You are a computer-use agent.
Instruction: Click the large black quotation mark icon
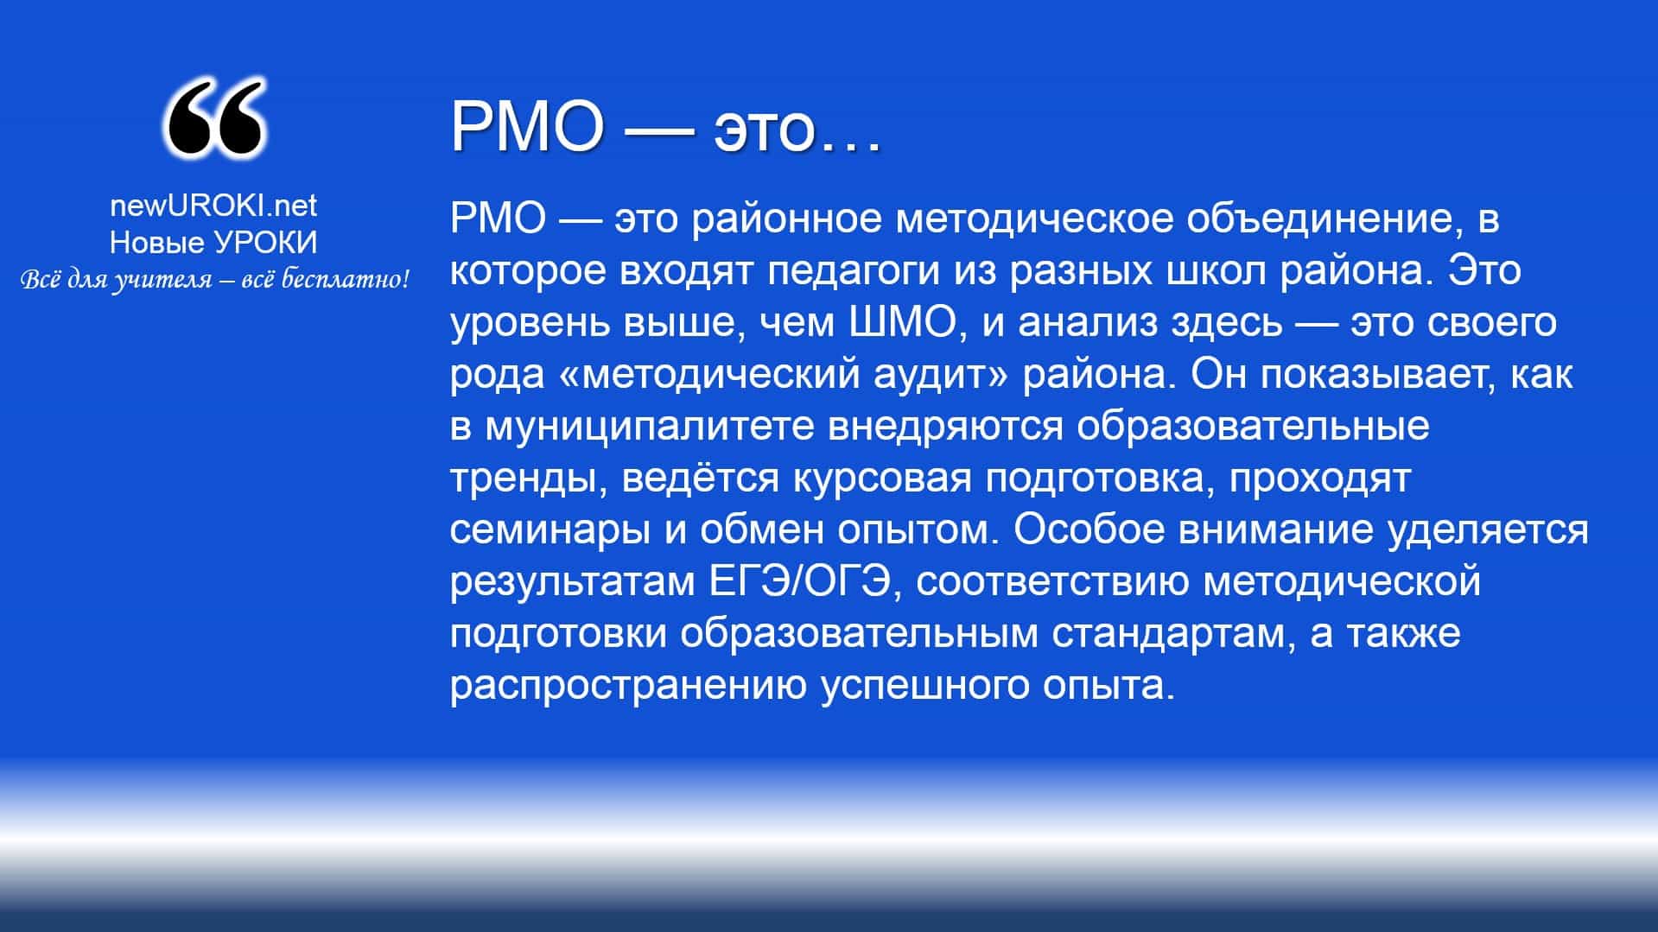point(213,119)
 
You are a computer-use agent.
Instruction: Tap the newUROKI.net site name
point(213,206)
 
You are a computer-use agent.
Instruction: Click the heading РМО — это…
point(666,127)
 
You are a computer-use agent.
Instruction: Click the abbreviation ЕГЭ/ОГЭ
point(800,581)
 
